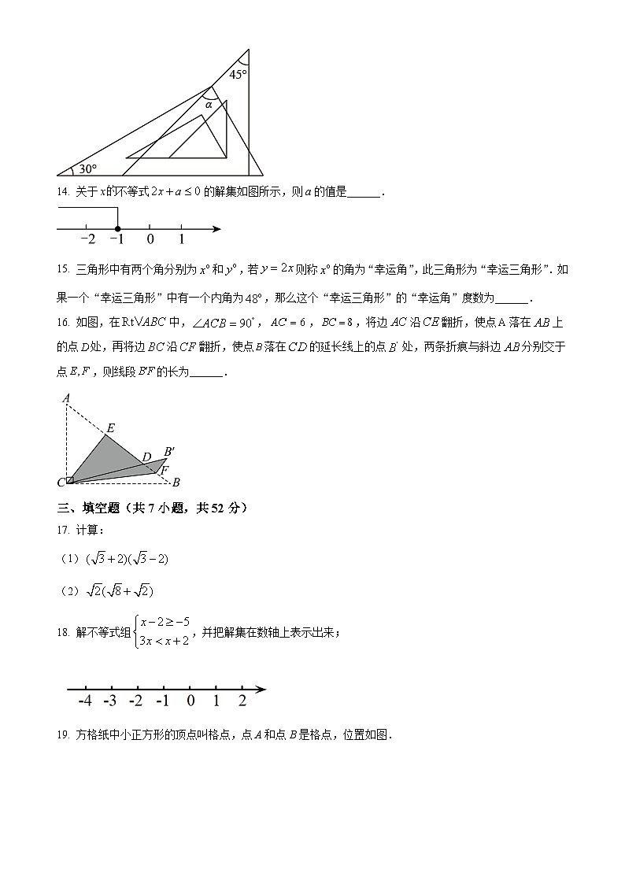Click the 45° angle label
pyautogui.click(x=238, y=75)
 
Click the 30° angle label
pyautogui.click(x=87, y=168)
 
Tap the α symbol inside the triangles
pyautogui.click(x=209, y=104)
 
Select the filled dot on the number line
pyautogui.click(x=117, y=228)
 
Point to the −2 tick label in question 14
pyautogui.click(x=87, y=239)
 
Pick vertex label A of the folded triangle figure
pyautogui.click(x=67, y=398)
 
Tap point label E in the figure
pyautogui.click(x=110, y=428)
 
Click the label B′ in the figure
pyautogui.click(x=169, y=452)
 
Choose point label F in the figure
pyautogui.click(x=165, y=470)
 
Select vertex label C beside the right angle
pyautogui.click(x=61, y=482)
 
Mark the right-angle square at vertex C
pyautogui.click(x=70, y=479)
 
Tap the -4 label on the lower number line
pyautogui.click(x=85, y=701)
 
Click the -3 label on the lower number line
pyautogui.click(x=110, y=701)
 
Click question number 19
pyautogui.click(x=63, y=735)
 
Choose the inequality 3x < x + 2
pyautogui.click(x=164, y=641)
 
